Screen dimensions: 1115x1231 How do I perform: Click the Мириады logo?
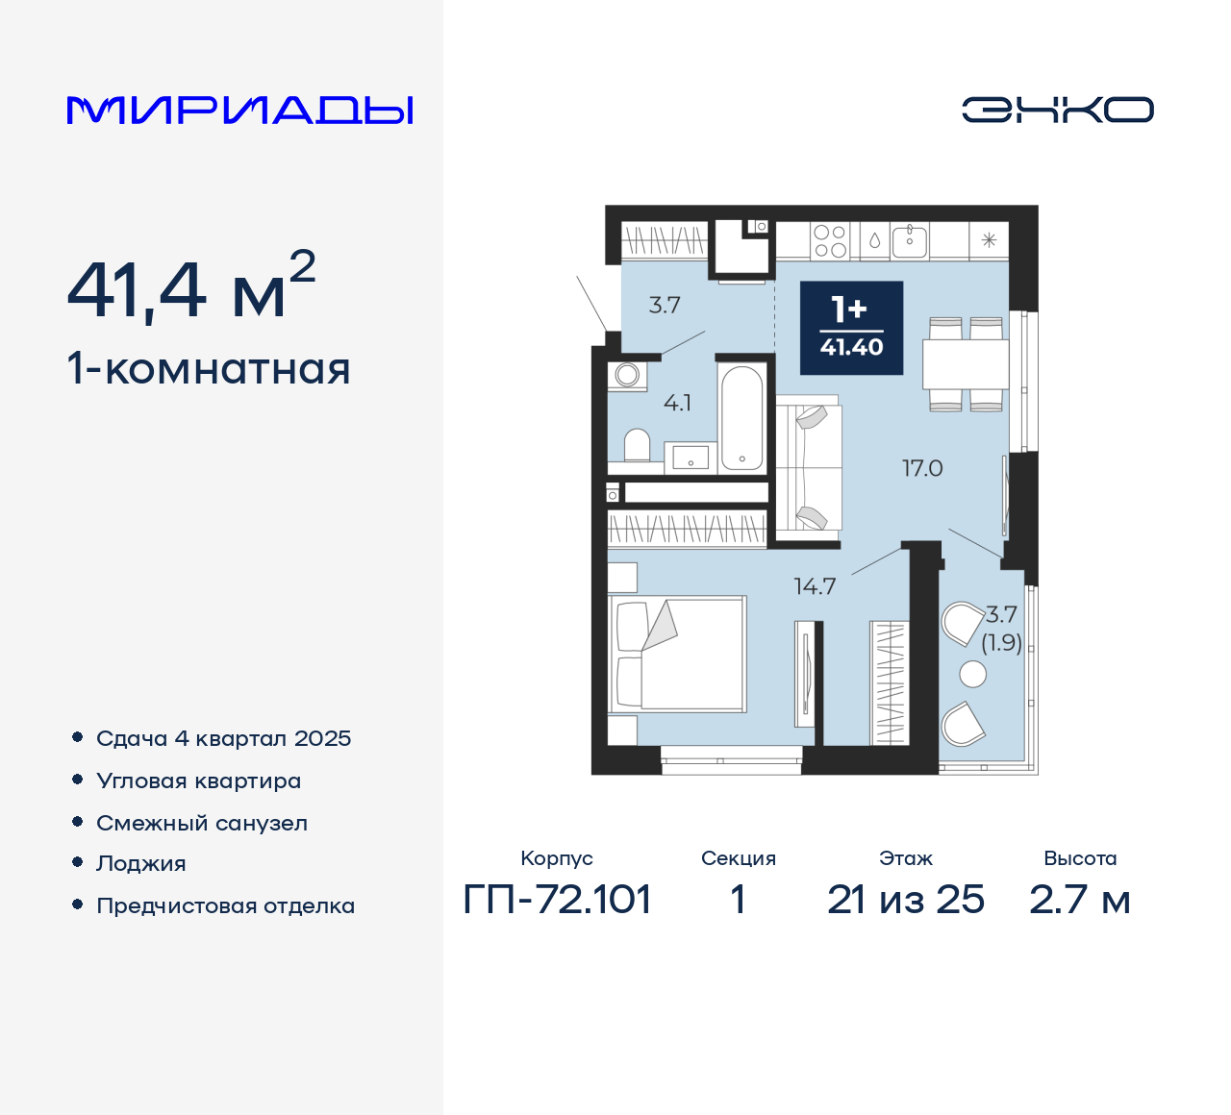[239, 111]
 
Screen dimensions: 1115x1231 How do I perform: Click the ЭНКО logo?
[1057, 110]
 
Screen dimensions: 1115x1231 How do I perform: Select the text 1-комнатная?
[209, 369]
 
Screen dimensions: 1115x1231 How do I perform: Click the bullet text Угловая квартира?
[198, 780]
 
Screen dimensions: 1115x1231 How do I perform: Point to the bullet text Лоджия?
[140, 863]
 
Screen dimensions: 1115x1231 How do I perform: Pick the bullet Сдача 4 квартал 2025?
[223, 738]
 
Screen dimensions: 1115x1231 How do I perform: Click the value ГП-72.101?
[557, 900]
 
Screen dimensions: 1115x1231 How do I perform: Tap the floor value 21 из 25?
[905, 900]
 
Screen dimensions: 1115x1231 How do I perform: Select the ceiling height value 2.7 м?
[1079, 900]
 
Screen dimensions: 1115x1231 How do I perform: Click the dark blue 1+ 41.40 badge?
[851, 328]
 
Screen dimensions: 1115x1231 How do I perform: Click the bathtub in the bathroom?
[741, 416]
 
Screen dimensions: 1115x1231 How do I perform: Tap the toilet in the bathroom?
[637, 446]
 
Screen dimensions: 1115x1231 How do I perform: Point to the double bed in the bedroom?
[679, 654]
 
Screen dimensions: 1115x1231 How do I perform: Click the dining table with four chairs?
[965, 363]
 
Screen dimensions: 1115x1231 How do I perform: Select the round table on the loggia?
[973, 675]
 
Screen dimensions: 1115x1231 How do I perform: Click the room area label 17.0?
[921, 468]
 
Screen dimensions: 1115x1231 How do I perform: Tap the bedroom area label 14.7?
[814, 586]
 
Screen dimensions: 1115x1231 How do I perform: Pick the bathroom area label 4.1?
[677, 403]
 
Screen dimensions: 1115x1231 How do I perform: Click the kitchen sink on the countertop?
[909, 240]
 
